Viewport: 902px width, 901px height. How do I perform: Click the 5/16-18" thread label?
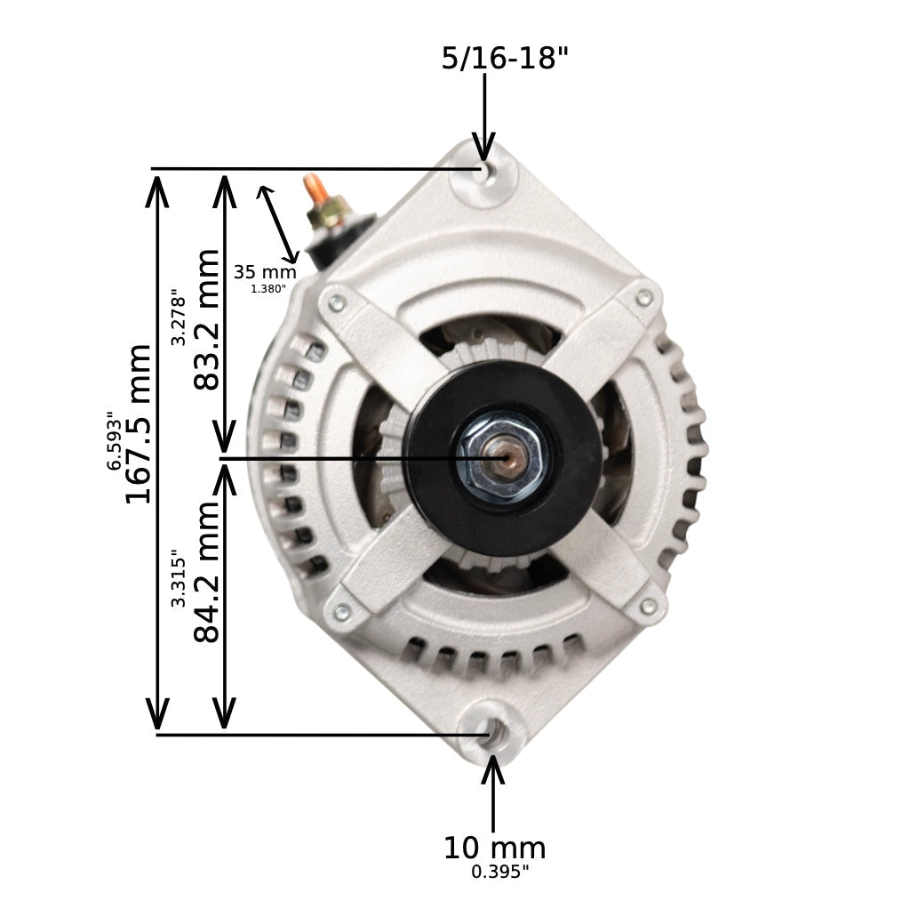click(x=504, y=59)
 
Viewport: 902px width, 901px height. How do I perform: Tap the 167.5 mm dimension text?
click(x=139, y=423)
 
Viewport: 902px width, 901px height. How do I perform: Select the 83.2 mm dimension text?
click(x=206, y=319)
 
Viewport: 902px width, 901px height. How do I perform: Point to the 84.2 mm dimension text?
click(x=206, y=571)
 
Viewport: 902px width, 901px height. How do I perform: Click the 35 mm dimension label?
click(x=265, y=272)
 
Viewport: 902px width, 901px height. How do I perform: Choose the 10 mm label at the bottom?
click(x=494, y=848)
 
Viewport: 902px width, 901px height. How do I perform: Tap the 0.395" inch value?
click(x=499, y=873)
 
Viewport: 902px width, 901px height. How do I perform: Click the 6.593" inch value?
click(x=114, y=440)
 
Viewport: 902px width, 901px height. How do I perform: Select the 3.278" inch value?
click(x=179, y=317)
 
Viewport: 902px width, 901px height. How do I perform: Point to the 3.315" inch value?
click(x=179, y=578)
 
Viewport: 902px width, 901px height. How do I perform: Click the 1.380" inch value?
click(x=268, y=289)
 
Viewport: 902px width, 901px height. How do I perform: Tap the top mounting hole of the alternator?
click(x=483, y=172)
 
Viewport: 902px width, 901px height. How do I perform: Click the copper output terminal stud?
click(x=313, y=189)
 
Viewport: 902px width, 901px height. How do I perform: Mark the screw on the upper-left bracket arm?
click(x=337, y=303)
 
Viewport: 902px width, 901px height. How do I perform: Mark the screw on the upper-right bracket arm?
click(x=644, y=298)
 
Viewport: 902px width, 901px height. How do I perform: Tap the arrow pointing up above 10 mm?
click(x=493, y=792)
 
